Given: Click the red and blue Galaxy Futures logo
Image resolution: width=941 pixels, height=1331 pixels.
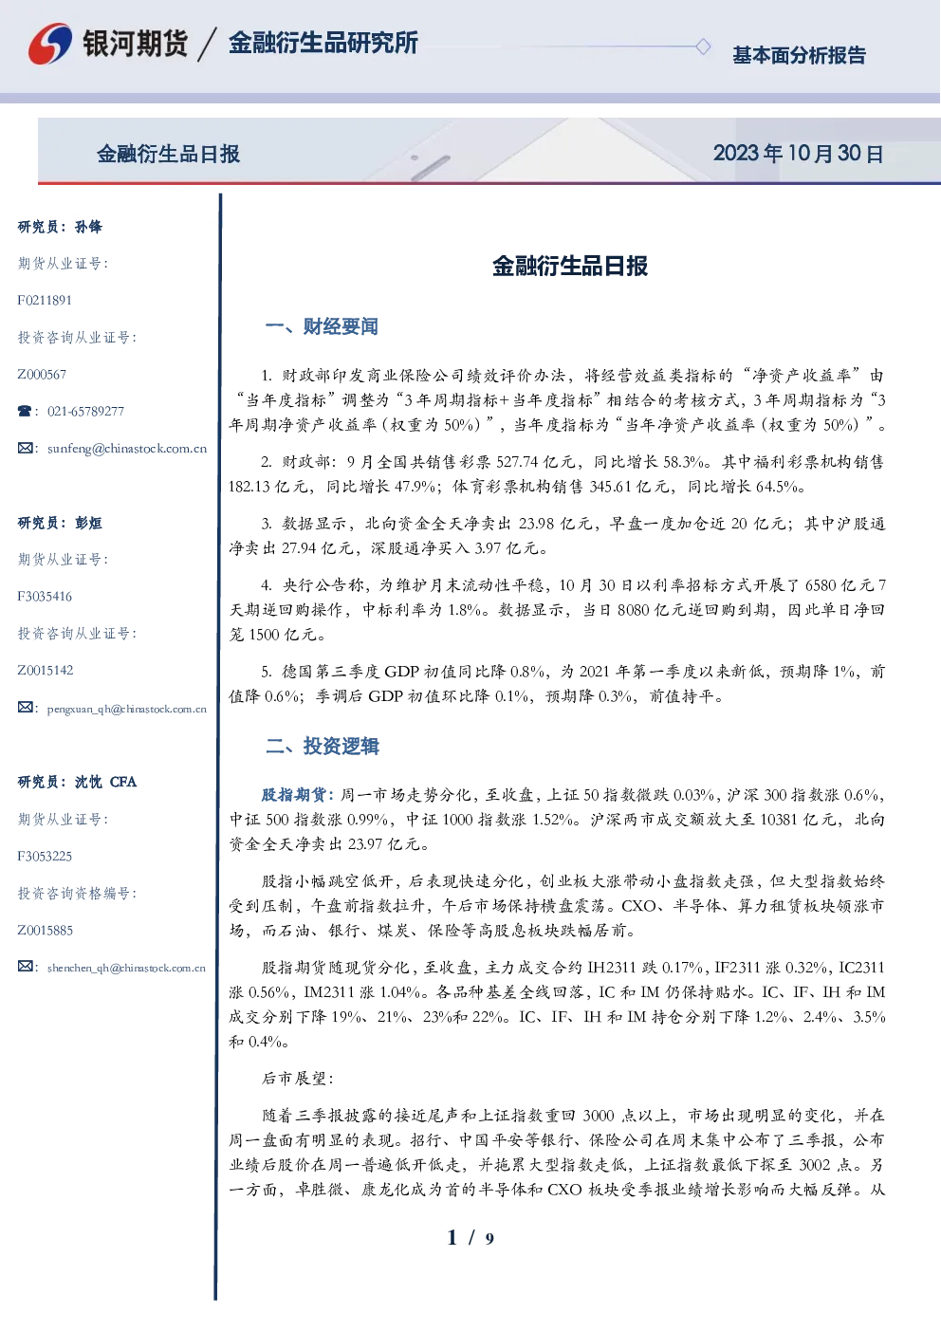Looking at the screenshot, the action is click(x=50, y=44).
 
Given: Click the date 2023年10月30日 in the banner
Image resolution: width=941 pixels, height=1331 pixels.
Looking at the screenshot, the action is click(x=798, y=154).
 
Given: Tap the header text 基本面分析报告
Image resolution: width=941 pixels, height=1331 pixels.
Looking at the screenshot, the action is click(x=799, y=55).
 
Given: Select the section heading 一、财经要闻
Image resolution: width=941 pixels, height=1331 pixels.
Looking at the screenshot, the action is click(x=322, y=326).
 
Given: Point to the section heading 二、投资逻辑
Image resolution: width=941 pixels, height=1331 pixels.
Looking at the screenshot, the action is click(x=322, y=746).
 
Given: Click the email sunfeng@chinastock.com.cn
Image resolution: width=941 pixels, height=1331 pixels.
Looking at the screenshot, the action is click(x=127, y=449).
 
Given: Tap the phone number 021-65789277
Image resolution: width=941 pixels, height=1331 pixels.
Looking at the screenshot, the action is click(x=85, y=411).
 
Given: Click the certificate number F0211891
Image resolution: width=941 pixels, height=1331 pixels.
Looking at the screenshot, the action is click(x=45, y=300).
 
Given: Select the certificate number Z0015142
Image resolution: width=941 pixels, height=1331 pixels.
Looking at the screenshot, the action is click(x=46, y=671).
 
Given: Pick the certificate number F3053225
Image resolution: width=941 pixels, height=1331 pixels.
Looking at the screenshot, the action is click(x=45, y=856).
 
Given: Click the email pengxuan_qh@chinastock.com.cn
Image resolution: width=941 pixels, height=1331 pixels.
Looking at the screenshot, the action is click(x=127, y=709).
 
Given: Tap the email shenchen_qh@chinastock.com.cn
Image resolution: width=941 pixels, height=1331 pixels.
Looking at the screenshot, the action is click(x=126, y=968).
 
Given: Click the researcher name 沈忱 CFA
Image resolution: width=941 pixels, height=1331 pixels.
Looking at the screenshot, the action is click(x=105, y=782).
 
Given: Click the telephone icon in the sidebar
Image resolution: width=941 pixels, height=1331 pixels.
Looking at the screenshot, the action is click(x=25, y=411).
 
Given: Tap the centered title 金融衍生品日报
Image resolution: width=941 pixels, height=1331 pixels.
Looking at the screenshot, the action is click(x=570, y=266).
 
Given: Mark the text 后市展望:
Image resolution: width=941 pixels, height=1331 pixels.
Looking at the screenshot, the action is click(x=297, y=1079).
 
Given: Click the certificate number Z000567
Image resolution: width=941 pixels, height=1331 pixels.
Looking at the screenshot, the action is click(x=42, y=375).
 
